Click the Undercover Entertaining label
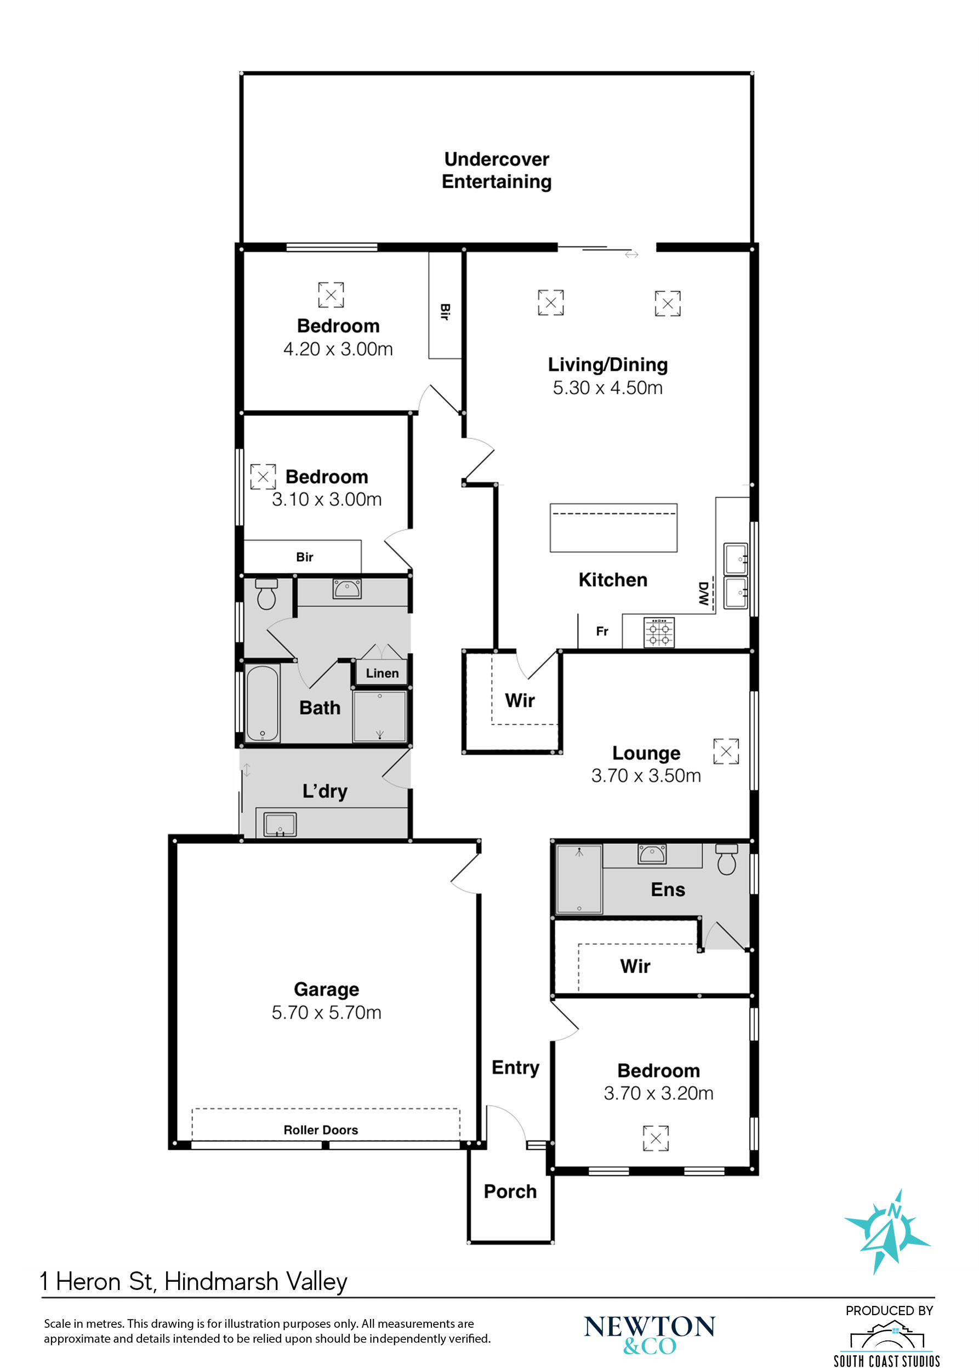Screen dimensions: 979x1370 click(496, 170)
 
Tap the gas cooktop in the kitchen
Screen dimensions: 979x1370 click(659, 632)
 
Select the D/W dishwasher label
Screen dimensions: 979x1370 click(703, 593)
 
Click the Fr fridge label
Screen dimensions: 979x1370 click(602, 631)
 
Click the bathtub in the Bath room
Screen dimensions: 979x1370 click(262, 703)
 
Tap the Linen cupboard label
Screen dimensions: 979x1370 click(382, 673)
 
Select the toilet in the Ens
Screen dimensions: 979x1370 click(726, 859)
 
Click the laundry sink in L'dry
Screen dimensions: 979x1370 click(280, 825)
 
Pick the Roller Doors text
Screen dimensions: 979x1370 click(321, 1130)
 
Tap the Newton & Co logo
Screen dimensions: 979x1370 click(649, 1334)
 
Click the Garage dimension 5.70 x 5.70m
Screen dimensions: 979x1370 click(326, 1013)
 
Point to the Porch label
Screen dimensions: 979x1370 click(510, 1191)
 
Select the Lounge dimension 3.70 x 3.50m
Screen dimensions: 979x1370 click(646, 776)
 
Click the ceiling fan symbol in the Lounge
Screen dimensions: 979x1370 click(726, 752)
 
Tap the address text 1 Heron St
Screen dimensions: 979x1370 click(96, 1282)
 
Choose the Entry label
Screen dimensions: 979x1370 click(515, 1068)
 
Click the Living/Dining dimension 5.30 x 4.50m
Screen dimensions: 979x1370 click(608, 387)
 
